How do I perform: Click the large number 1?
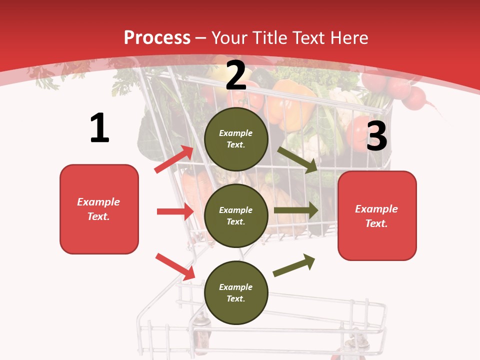pyautogui.click(x=99, y=128)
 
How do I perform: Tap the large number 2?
pyautogui.click(x=236, y=75)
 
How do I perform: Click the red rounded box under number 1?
pyautogui.click(x=99, y=209)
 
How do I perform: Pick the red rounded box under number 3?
pyautogui.click(x=377, y=215)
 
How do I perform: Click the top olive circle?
pyautogui.click(x=236, y=138)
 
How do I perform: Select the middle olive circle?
pyautogui.click(x=236, y=215)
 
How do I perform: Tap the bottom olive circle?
pyautogui.click(x=236, y=292)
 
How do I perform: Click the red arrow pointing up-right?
pyautogui.click(x=173, y=159)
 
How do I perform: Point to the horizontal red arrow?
pyautogui.click(x=175, y=211)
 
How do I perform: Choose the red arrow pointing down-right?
pyautogui.click(x=175, y=266)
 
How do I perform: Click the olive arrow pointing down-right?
pyautogui.click(x=297, y=159)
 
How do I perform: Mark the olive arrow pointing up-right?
pyautogui.click(x=294, y=265)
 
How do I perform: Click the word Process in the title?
pyautogui.click(x=157, y=37)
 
